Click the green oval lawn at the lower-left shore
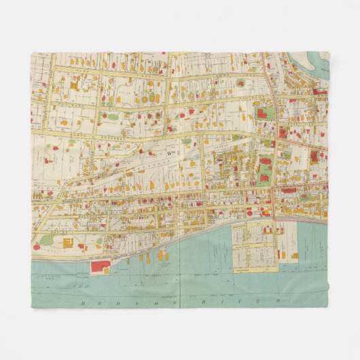[47, 240]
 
